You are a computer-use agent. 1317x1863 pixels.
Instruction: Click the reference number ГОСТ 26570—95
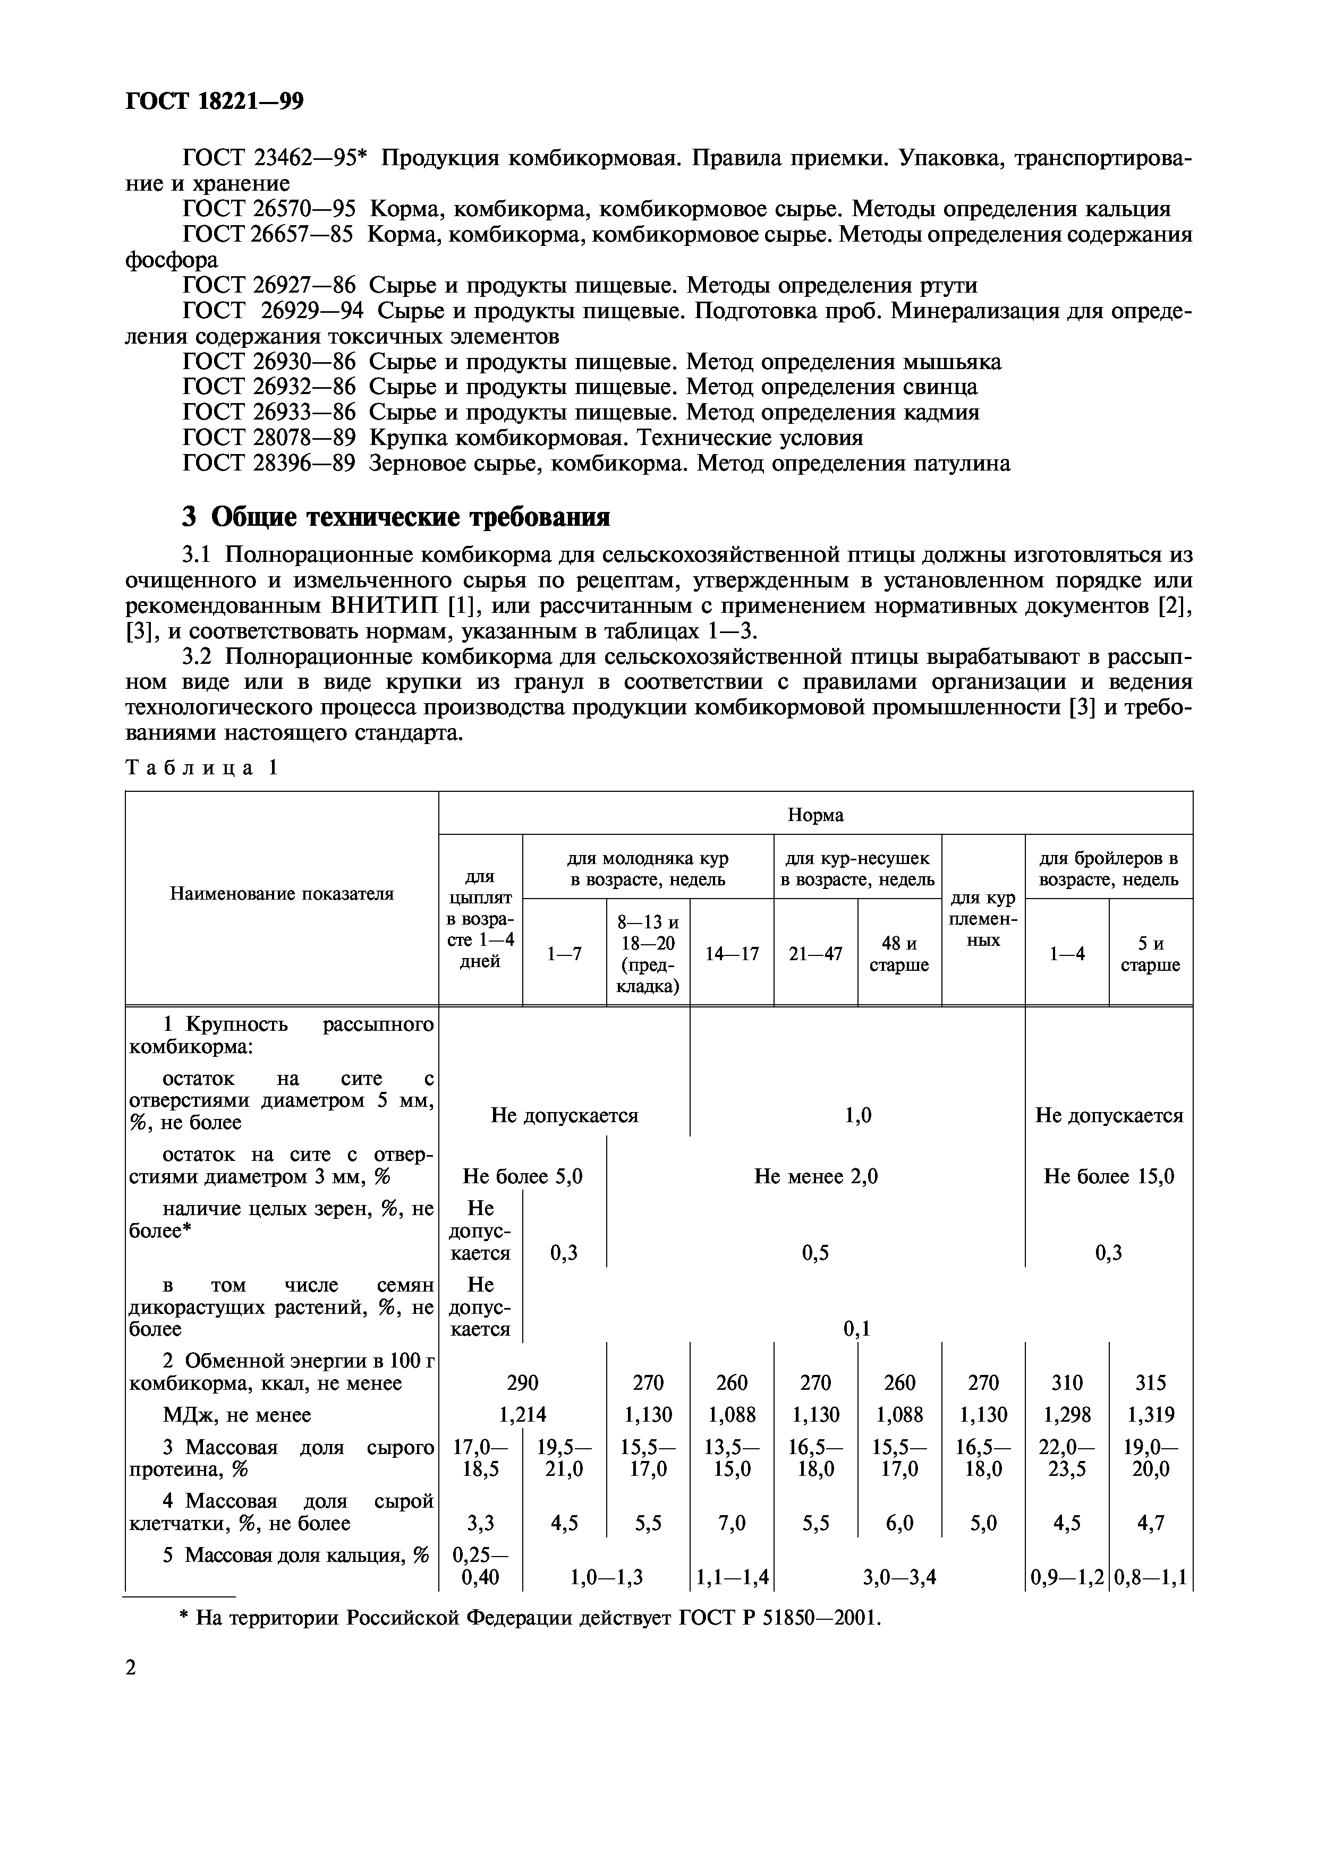coord(269,209)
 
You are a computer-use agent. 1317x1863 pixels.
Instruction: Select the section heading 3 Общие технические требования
coord(395,516)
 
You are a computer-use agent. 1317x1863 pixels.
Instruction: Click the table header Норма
coord(815,815)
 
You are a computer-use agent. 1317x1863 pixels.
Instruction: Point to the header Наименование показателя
coord(282,893)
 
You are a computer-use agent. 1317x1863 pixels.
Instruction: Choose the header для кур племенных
coord(983,919)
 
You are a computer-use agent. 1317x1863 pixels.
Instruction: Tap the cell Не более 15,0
coord(1108,1176)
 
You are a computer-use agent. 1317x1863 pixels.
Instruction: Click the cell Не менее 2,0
coord(815,1176)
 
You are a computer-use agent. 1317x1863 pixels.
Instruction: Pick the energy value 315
coord(1150,1382)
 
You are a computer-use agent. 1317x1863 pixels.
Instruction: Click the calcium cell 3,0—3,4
coord(899,1577)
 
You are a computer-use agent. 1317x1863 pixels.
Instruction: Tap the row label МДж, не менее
coord(237,1414)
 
